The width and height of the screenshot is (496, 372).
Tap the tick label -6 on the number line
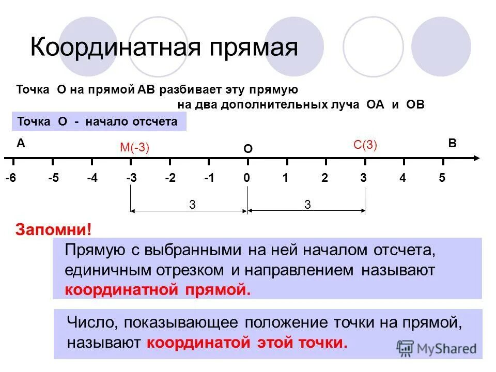tap(11, 178)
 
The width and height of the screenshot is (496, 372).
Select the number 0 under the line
tap(247, 178)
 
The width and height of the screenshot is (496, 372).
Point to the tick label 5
tap(442, 178)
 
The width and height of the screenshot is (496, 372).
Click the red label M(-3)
tap(134, 148)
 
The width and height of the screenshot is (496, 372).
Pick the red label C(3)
tap(365, 145)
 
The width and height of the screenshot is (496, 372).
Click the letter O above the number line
tap(248, 149)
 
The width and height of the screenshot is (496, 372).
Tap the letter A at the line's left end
tap(21, 144)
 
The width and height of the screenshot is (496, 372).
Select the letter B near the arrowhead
tap(452, 144)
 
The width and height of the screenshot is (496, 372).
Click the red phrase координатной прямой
tap(158, 289)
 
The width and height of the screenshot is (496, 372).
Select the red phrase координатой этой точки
tap(247, 343)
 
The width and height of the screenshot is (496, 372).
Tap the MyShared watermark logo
tap(437, 348)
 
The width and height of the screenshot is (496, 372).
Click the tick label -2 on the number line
tap(170, 178)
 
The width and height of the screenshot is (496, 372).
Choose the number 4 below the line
tap(403, 178)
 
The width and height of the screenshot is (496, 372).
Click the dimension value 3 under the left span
tap(192, 205)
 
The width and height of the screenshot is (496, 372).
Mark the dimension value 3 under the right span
tap(307, 205)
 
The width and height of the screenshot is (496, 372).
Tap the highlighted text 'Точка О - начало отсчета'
tap(98, 122)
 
